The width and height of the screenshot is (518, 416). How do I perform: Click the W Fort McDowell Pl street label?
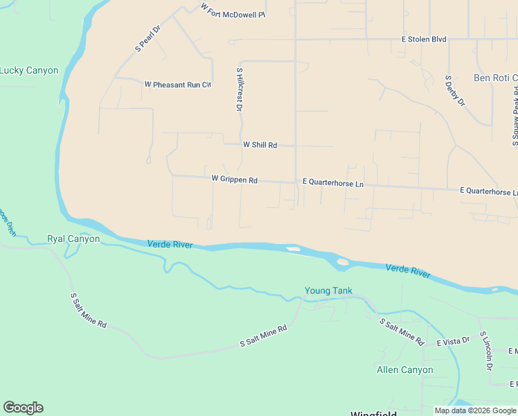(x=233, y=10)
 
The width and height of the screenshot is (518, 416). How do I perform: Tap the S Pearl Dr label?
(x=147, y=40)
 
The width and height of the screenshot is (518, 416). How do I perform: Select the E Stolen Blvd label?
(x=424, y=40)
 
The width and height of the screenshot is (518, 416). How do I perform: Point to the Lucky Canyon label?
(x=28, y=70)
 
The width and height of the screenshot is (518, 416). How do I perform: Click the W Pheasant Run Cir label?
(x=177, y=85)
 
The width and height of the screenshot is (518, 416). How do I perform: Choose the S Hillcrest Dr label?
(x=239, y=89)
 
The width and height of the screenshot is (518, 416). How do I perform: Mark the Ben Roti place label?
(x=495, y=78)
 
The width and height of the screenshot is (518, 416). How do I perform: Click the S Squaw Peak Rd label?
(x=515, y=119)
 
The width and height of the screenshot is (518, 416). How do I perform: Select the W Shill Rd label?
(x=260, y=145)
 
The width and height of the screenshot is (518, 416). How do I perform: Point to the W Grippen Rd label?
(x=234, y=179)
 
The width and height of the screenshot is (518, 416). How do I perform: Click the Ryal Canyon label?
(x=73, y=239)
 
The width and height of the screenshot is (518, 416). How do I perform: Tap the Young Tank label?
(x=328, y=291)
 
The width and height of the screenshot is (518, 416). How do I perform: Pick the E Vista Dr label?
(x=453, y=341)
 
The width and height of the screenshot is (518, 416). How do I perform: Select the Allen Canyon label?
(x=404, y=370)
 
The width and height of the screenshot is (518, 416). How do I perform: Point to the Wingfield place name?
(x=373, y=413)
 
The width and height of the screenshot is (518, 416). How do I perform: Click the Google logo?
(x=23, y=408)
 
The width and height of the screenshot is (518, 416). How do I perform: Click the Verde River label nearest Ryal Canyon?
(x=170, y=244)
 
